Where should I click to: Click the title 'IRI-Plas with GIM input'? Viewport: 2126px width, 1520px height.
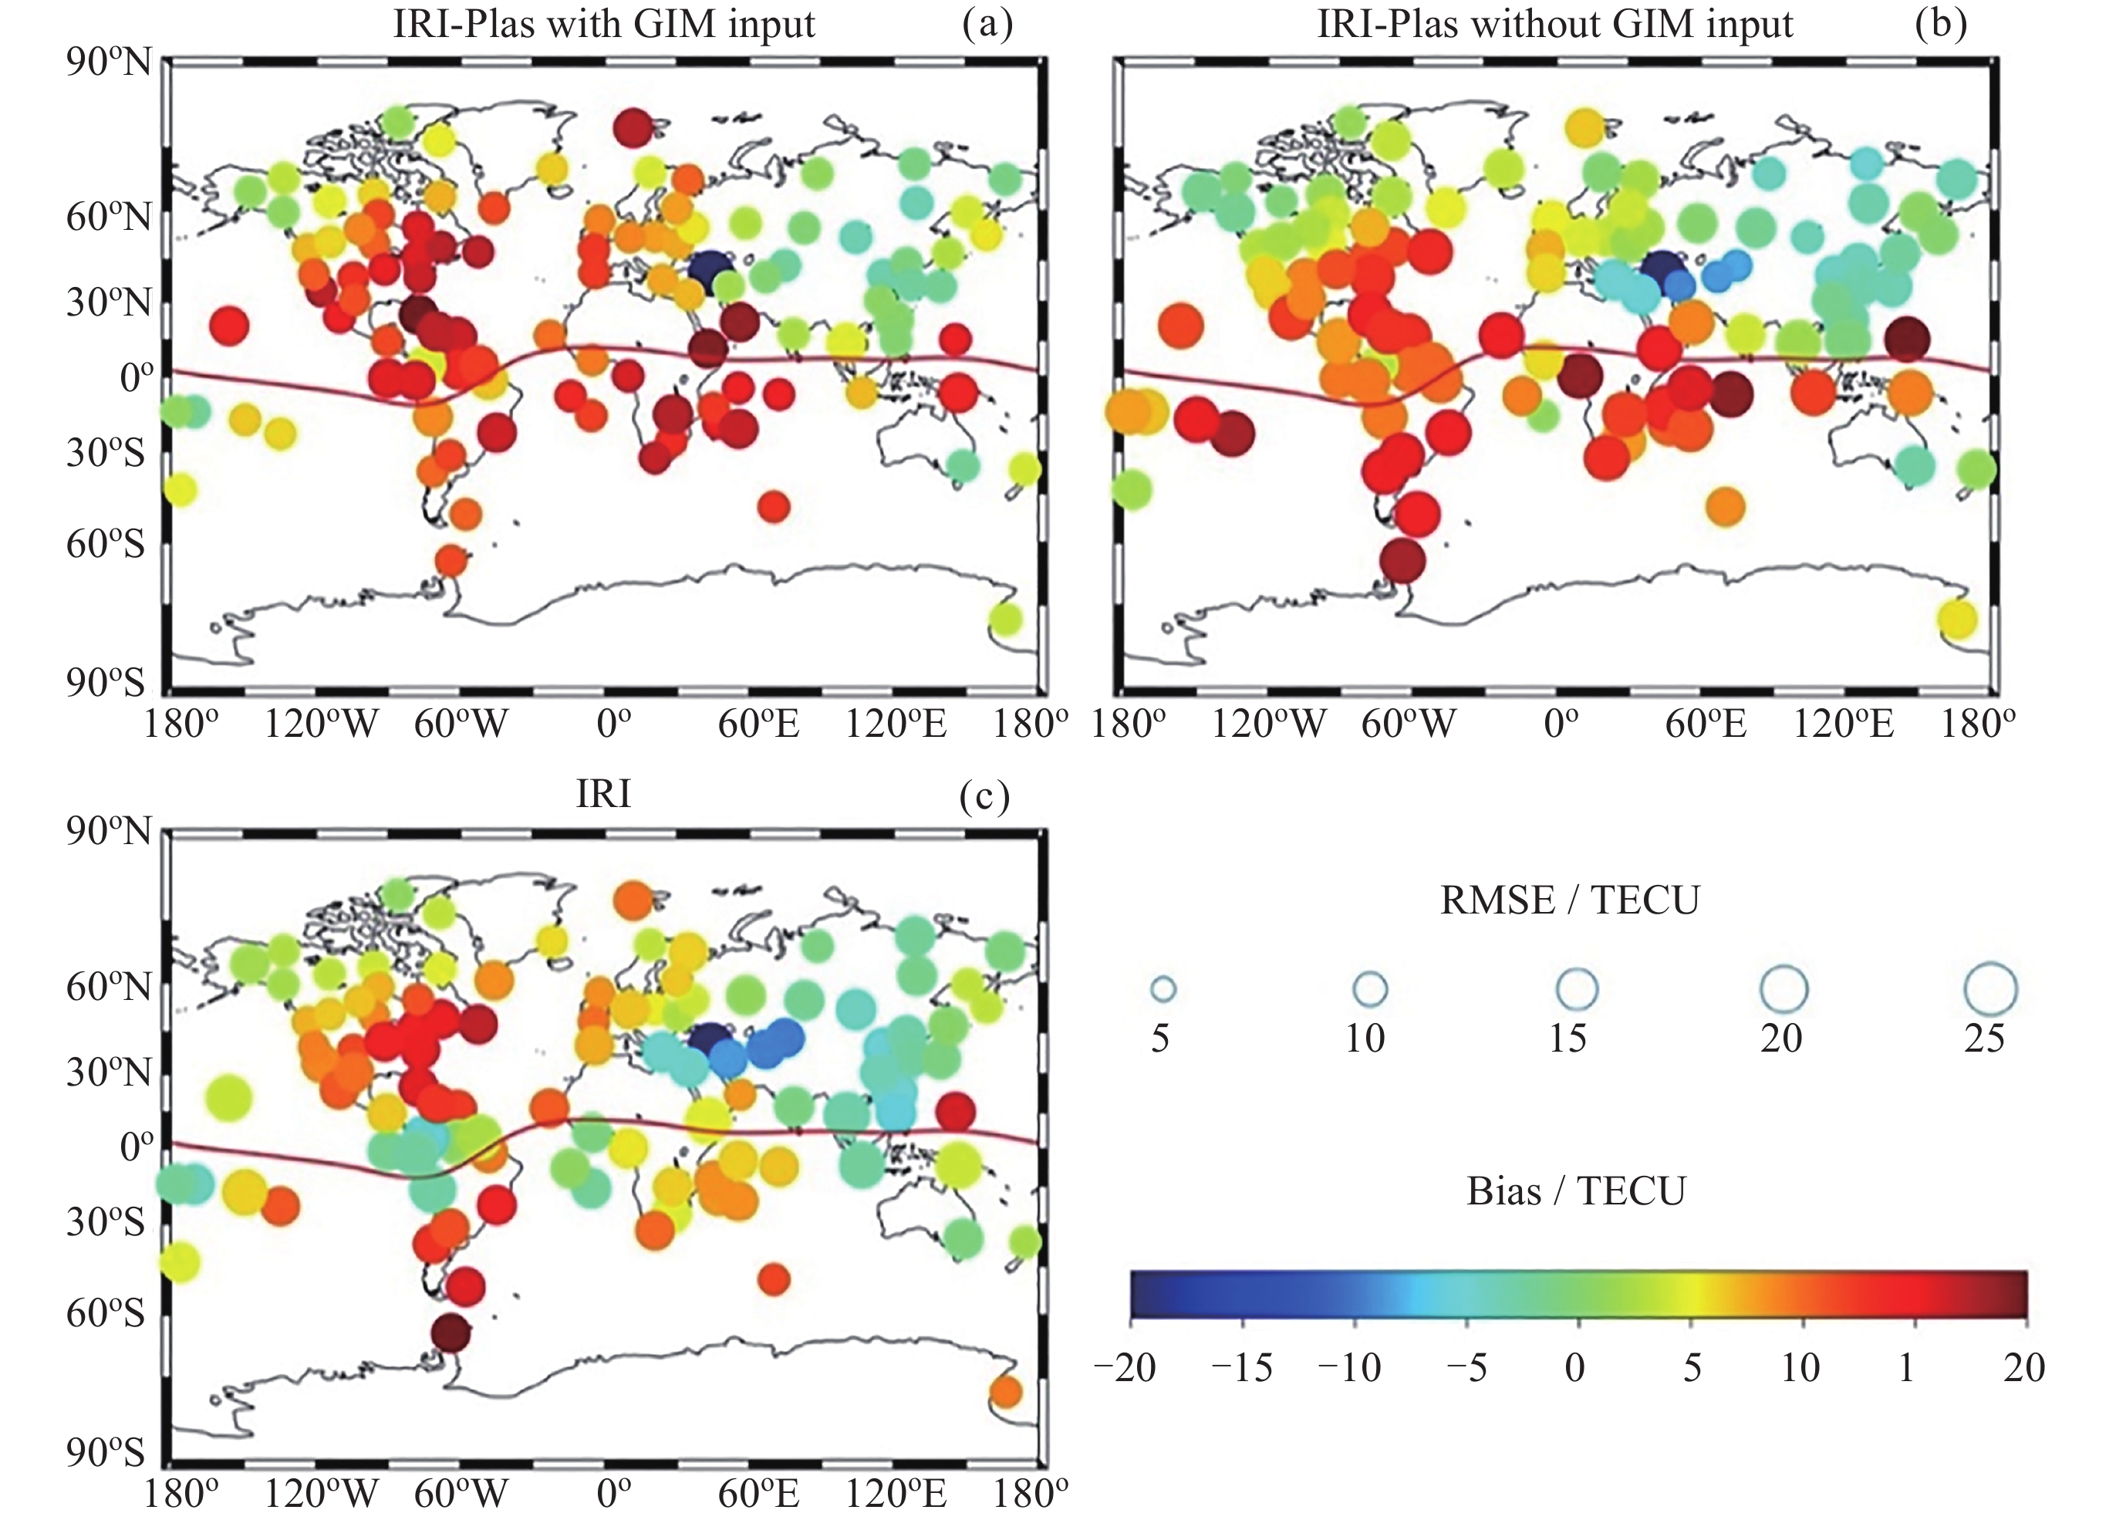[x=603, y=25]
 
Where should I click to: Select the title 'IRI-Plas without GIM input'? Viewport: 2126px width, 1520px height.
[x=1554, y=25]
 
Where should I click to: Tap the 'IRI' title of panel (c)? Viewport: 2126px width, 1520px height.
[x=603, y=794]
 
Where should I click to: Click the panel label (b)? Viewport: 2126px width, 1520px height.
[x=1941, y=25]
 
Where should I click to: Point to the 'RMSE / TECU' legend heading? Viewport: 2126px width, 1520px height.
[x=1569, y=900]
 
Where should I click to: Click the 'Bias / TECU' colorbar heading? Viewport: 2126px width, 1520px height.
[x=1576, y=1191]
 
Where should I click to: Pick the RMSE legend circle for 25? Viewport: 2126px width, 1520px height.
[x=1990, y=988]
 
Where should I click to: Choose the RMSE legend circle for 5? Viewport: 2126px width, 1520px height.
[x=1163, y=988]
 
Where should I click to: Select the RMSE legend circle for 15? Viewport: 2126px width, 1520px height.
[x=1577, y=988]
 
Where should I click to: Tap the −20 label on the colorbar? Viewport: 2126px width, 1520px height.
[x=1125, y=1368]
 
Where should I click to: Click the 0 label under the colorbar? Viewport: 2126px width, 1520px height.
[x=1576, y=1368]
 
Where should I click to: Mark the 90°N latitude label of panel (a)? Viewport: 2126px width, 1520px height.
[x=107, y=63]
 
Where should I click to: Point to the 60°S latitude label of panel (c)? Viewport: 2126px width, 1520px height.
[x=106, y=1312]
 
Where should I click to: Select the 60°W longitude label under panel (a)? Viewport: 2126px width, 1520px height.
[x=461, y=725]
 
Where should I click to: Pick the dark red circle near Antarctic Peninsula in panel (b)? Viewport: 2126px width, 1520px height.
[x=1402, y=562]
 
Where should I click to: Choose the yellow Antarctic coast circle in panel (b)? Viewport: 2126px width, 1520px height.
[x=1958, y=619]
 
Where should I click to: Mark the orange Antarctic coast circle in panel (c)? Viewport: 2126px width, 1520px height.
[x=1005, y=1392]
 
